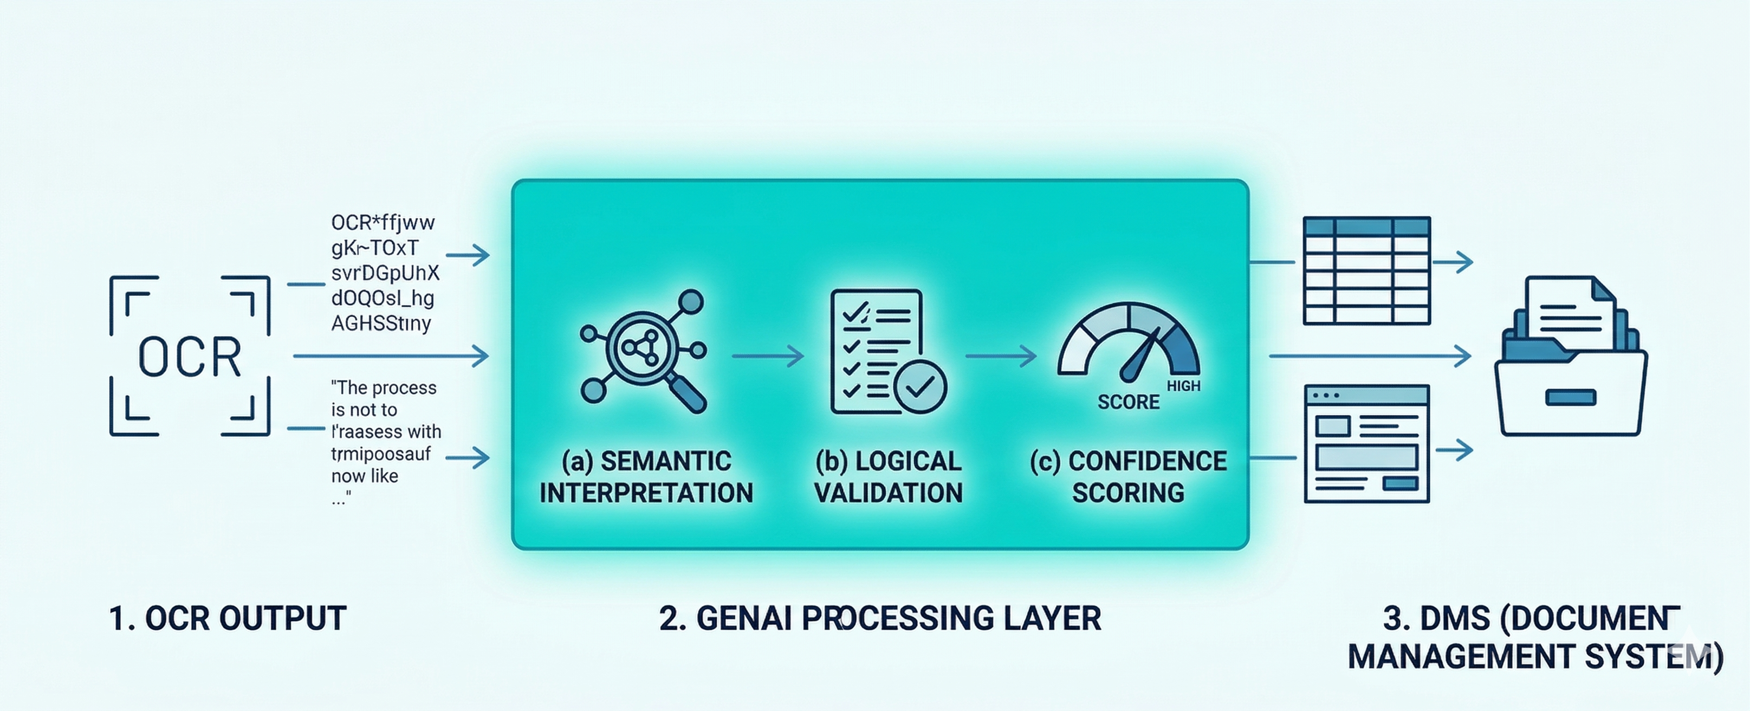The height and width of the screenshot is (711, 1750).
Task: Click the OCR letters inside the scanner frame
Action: [190, 357]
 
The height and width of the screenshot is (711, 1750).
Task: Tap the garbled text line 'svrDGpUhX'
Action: [385, 273]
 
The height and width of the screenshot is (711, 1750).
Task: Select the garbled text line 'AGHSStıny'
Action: [381, 324]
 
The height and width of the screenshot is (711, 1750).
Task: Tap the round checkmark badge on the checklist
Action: [921, 387]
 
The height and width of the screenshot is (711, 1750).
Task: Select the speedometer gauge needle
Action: [1142, 355]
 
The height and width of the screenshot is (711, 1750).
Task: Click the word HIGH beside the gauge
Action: [1183, 386]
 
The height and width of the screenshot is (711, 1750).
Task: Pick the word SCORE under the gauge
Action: [1129, 403]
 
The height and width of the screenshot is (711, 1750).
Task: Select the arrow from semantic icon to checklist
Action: [768, 355]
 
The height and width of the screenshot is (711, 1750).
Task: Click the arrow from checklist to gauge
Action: [1001, 355]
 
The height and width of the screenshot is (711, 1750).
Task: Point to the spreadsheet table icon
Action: [1367, 270]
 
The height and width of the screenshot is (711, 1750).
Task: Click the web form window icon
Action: [1367, 443]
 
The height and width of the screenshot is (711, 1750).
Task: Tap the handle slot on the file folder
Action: [1571, 398]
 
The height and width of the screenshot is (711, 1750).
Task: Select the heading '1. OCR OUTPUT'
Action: [228, 618]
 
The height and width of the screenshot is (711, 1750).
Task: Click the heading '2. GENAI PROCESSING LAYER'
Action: [880, 618]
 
